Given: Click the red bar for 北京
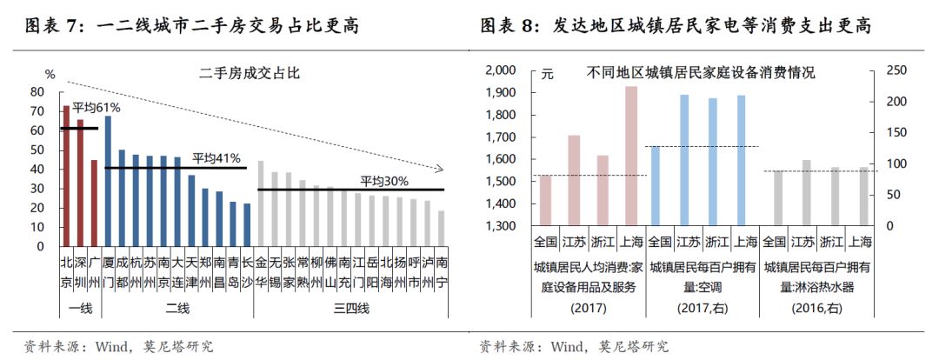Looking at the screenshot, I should point(66,175).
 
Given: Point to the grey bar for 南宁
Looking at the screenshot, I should point(441,228).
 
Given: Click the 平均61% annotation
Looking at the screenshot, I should point(96,108).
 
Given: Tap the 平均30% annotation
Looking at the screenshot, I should point(384,181).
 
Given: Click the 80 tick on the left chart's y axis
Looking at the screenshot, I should point(37,91).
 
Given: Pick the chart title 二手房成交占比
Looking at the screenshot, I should point(250,73).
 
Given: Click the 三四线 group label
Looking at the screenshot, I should point(351,308).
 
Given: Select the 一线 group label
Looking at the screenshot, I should point(80,308).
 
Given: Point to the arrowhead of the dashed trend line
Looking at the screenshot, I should point(440,169).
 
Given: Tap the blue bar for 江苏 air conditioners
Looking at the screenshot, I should point(684,160).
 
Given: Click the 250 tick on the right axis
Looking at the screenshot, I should point(895,70).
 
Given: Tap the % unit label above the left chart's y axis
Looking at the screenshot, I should point(50,73).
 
